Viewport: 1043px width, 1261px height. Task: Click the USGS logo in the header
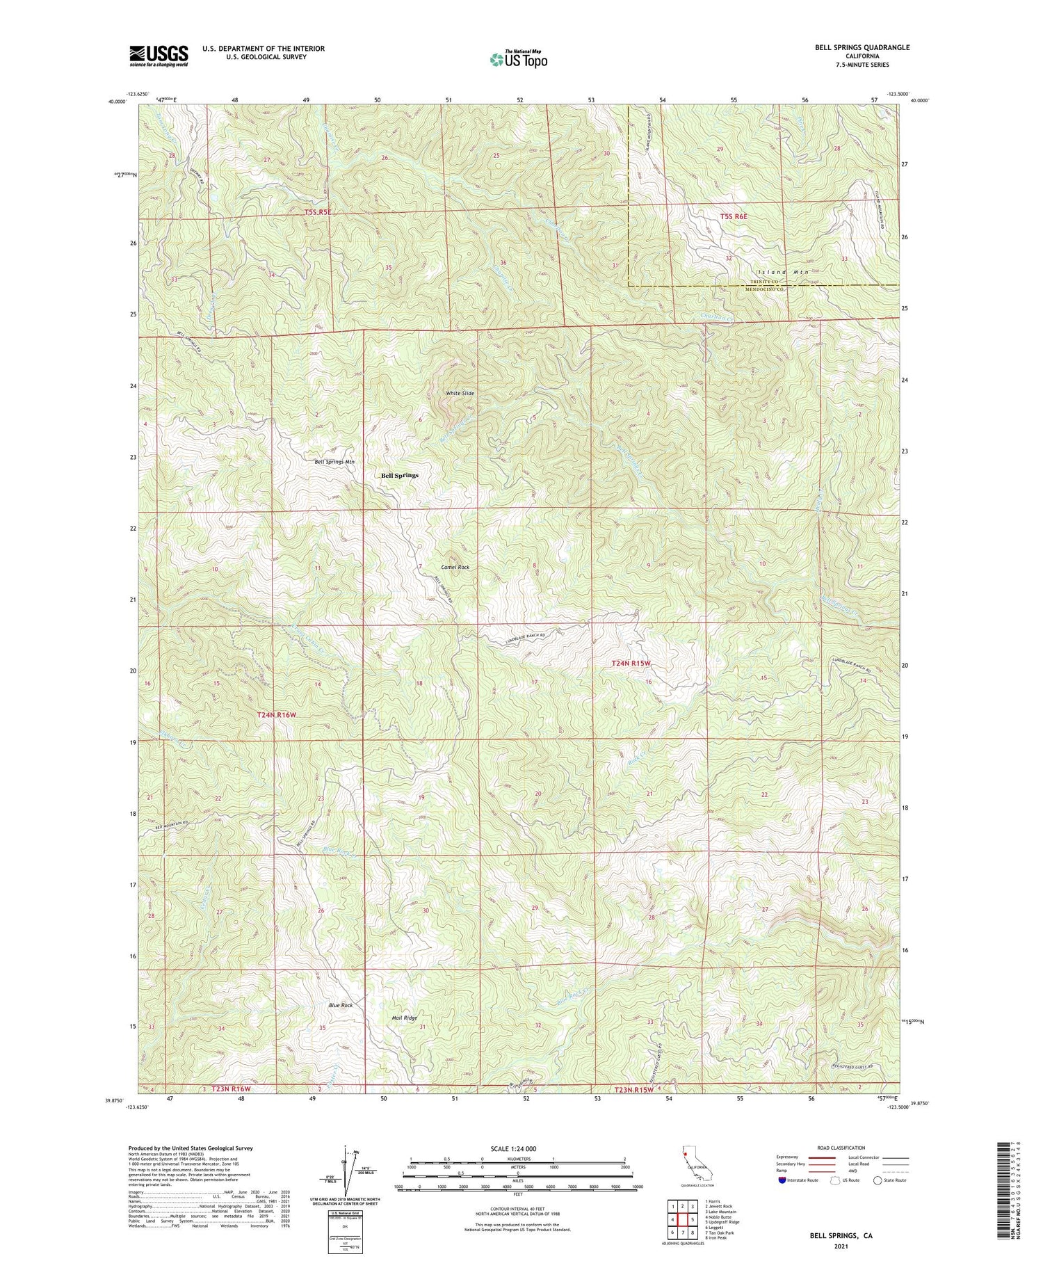point(159,56)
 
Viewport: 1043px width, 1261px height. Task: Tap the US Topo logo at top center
point(518,60)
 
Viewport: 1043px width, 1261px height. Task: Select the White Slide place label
point(460,394)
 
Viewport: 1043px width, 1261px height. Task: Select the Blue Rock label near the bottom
point(341,1006)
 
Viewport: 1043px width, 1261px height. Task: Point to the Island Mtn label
point(783,272)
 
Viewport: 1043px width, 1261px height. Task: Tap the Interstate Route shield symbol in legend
point(783,1180)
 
